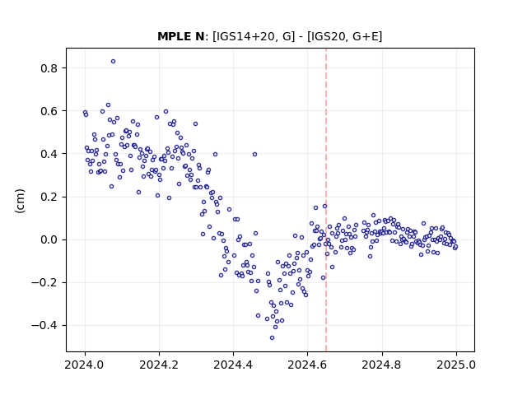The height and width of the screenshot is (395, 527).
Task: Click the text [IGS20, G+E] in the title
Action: point(344,36)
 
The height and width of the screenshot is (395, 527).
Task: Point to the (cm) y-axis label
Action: point(20,201)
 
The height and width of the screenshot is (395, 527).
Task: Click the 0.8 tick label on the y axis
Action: point(49,68)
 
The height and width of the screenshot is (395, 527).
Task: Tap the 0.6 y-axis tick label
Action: point(49,111)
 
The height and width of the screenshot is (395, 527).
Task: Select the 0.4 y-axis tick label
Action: point(49,154)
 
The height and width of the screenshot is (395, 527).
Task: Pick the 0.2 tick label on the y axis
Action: point(49,197)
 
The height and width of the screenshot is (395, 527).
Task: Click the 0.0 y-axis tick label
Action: point(49,239)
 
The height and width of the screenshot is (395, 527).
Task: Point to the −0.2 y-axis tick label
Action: point(44,282)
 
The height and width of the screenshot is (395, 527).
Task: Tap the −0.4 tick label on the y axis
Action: point(44,326)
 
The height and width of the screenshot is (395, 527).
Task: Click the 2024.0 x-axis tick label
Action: point(85,365)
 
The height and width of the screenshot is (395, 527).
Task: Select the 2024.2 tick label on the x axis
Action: point(159,365)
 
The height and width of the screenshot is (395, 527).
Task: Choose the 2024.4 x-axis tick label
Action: point(233,365)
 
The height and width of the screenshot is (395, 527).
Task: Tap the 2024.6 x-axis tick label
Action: point(307,365)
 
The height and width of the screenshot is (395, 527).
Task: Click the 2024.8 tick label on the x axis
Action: point(382,365)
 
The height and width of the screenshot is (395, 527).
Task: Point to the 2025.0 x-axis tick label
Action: point(456,365)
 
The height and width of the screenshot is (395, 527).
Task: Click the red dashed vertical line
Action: point(326,200)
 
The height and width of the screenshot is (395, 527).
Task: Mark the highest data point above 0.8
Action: point(114,62)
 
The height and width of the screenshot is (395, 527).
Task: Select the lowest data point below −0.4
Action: point(272,338)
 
